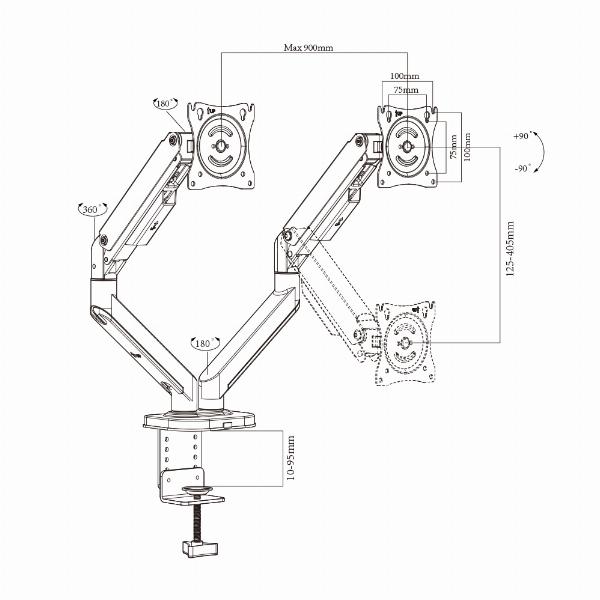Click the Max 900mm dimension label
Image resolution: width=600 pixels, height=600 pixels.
pos(308,48)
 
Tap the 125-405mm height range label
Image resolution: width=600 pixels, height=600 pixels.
pos(510,249)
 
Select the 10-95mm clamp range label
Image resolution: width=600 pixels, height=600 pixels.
pos(291,458)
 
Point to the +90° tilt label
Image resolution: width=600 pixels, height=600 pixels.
pos(521,136)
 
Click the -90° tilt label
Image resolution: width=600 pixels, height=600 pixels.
pos(523,168)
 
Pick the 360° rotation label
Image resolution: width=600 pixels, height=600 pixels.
pos(91,210)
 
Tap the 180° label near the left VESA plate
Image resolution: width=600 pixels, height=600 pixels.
pos(164,104)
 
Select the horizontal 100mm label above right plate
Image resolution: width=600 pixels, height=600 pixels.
pos(404,76)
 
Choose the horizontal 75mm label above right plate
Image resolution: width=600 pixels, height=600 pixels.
pos(406,90)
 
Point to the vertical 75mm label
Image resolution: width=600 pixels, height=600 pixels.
pos(453,146)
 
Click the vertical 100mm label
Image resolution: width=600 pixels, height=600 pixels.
pos(467,147)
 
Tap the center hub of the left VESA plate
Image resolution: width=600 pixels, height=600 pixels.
pos(221,145)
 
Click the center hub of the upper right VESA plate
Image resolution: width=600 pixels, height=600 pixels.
pos(408,147)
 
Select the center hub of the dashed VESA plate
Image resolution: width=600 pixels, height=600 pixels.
pos(403,343)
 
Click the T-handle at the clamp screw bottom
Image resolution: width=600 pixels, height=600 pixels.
pos(200,548)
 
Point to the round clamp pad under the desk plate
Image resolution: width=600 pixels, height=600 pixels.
pos(197,489)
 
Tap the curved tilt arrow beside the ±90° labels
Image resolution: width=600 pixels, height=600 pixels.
pos(541,152)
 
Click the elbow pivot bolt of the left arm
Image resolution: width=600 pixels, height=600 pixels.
pos(103,241)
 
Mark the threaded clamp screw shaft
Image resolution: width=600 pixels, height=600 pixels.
pos(198,518)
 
